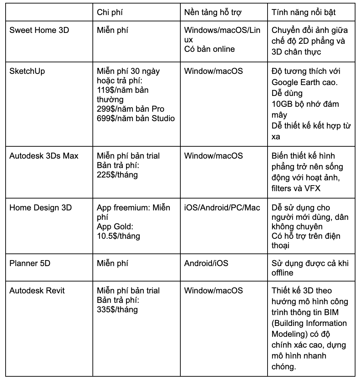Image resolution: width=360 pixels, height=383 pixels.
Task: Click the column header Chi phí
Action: pyautogui.click(x=110, y=12)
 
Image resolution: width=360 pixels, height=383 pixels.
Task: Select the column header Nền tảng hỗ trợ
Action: pyautogui.click(x=213, y=12)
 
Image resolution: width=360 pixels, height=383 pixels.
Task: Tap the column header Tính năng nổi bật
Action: pyautogui.click(x=303, y=12)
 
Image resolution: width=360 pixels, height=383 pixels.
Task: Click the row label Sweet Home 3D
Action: pyautogui.click(x=39, y=30)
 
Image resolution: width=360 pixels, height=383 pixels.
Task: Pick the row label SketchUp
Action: pyautogui.click(x=27, y=71)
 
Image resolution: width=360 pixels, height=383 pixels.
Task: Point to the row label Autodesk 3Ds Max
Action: pyautogui.click(x=44, y=155)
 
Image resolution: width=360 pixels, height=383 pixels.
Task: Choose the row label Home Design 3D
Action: pyautogui.click(x=40, y=208)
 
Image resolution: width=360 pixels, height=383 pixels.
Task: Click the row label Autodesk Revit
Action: pyautogui.click(x=37, y=291)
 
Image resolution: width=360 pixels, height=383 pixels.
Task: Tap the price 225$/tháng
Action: pyautogui.click(x=117, y=174)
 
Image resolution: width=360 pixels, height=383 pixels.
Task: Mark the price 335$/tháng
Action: pyautogui.click(x=117, y=309)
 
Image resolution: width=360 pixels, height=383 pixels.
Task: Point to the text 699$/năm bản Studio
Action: pyautogui.click(x=136, y=118)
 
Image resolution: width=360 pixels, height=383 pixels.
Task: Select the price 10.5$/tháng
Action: pyautogui.click(x=118, y=236)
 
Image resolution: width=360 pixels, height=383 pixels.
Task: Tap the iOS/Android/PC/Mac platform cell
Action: pyautogui.click(x=222, y=208)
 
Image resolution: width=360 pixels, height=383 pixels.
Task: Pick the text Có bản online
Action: pyautogui.click(x=209, y=49)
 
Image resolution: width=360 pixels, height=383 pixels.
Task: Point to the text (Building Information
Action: pyautogui.click(x=309, y=323)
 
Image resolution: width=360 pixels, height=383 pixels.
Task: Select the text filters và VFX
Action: pyautogui.click(x=296, y=188)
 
